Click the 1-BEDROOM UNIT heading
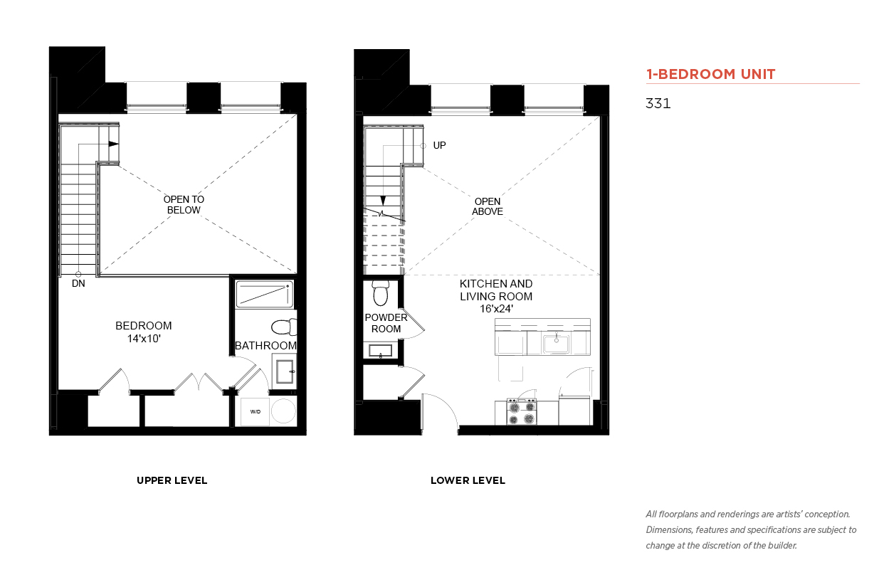(710, 74)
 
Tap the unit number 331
(658, 103)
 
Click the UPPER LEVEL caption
(172, 480)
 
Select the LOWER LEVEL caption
(468, 480)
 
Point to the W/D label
(256, 412)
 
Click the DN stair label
(78, 284)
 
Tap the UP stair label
(439, 145)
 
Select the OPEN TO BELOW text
(184, 204)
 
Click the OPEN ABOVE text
(488, 206)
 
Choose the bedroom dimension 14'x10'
(144, 339)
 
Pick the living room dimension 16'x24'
(496, 309)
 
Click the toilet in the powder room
(381, 293)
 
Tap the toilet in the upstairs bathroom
(285, 327)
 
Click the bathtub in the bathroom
(265, 294)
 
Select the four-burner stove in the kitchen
(521, 412)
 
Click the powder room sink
(381, 351)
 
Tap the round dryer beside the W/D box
(284, 411)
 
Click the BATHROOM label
(265, 346)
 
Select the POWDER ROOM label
(386, 323)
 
